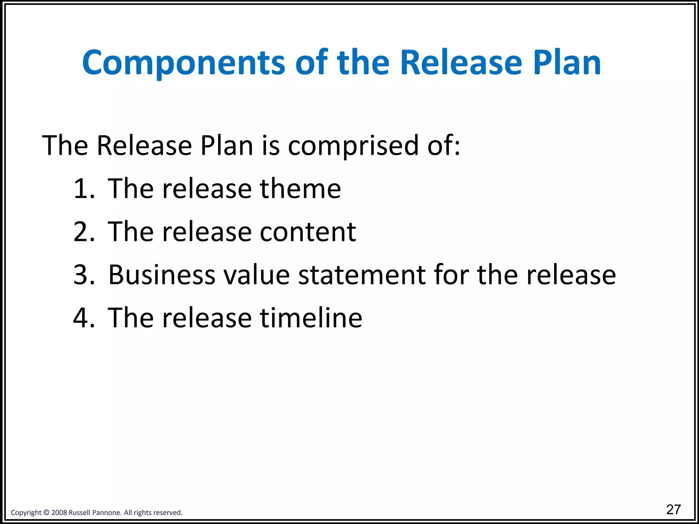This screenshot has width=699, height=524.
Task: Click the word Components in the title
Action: point(184,63)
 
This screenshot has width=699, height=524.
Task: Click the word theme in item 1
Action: point(300,189)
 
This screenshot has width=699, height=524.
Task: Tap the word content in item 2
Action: point(308,232)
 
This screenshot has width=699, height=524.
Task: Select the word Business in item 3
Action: point(162,275)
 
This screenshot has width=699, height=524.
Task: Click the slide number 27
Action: point(673,510)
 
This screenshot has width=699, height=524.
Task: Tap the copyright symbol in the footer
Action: point(46,513)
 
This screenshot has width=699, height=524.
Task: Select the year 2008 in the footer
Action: point(59,513)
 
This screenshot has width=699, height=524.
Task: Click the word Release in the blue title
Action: point(461,63)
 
